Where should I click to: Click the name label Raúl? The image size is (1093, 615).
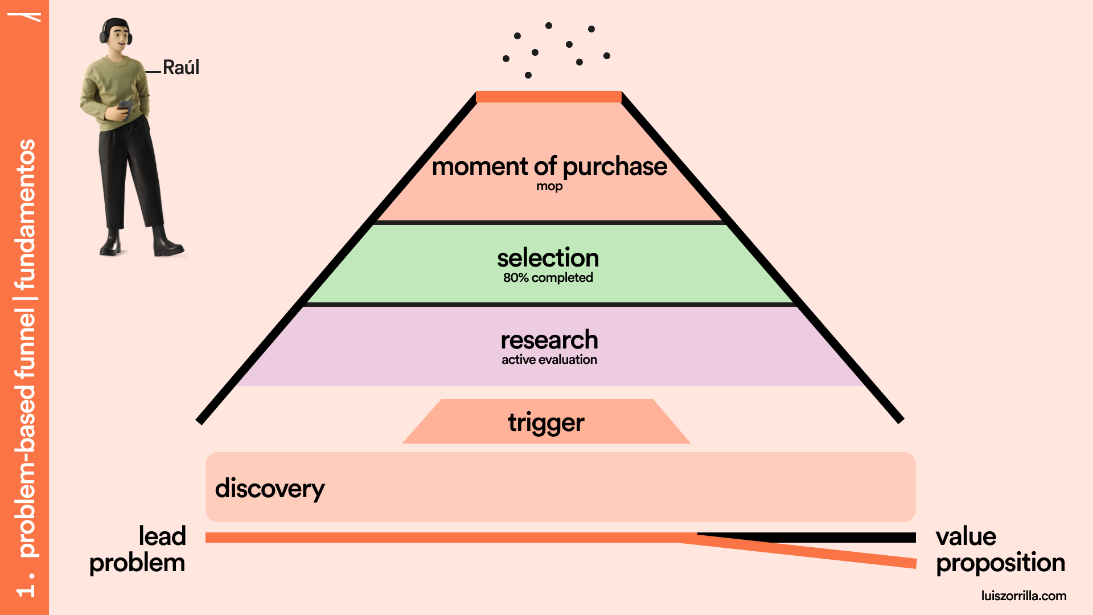click(180, 68)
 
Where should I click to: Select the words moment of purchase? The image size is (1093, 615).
click(549, 166)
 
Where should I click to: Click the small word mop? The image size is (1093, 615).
click(549, 186)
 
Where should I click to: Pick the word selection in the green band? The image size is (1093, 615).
click(548, 258)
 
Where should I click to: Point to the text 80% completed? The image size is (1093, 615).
click(548, 278)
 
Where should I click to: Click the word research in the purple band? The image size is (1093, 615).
click(549, 340)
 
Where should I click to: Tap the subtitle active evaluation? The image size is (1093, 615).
click(549, 360)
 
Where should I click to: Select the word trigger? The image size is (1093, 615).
click(546, 423)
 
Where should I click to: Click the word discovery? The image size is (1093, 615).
click(270, 489)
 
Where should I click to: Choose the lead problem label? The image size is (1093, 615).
click(138, 550)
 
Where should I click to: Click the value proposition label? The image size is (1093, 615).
click(1000, 550)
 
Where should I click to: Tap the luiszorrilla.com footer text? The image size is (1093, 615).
click(1024, 596)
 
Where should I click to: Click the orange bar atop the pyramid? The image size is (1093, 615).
click(548, 97)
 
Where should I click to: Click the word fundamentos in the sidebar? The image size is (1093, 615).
click(26, 214)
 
